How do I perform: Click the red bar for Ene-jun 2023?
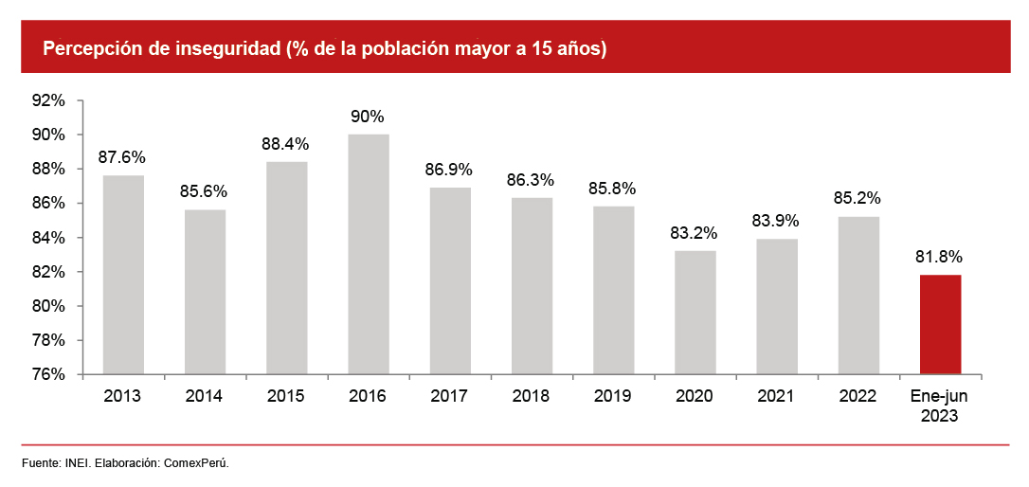(x=940, y=324)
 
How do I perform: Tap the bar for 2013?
(x=123, y=275)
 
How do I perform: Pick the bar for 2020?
(x=695, y=313)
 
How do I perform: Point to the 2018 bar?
(x=532, y=286)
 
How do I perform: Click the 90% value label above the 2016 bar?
(x=368, y=117)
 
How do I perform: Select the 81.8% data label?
(x=940, y=257)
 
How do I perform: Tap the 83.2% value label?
(x=695, y=232)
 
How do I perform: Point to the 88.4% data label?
(x=286, y=144)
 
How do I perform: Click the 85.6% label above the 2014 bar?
(x=204, y=191)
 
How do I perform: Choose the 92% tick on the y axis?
(x=48, y=100)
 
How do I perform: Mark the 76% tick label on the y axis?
(x=48, y=374)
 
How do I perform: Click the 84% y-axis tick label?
(x=48, y=238)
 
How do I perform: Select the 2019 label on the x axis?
(x=613, y=396)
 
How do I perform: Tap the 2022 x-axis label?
(x=858, y=396)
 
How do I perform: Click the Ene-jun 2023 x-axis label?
(x=940, y=405)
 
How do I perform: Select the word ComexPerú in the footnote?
(x=196, y=463)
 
